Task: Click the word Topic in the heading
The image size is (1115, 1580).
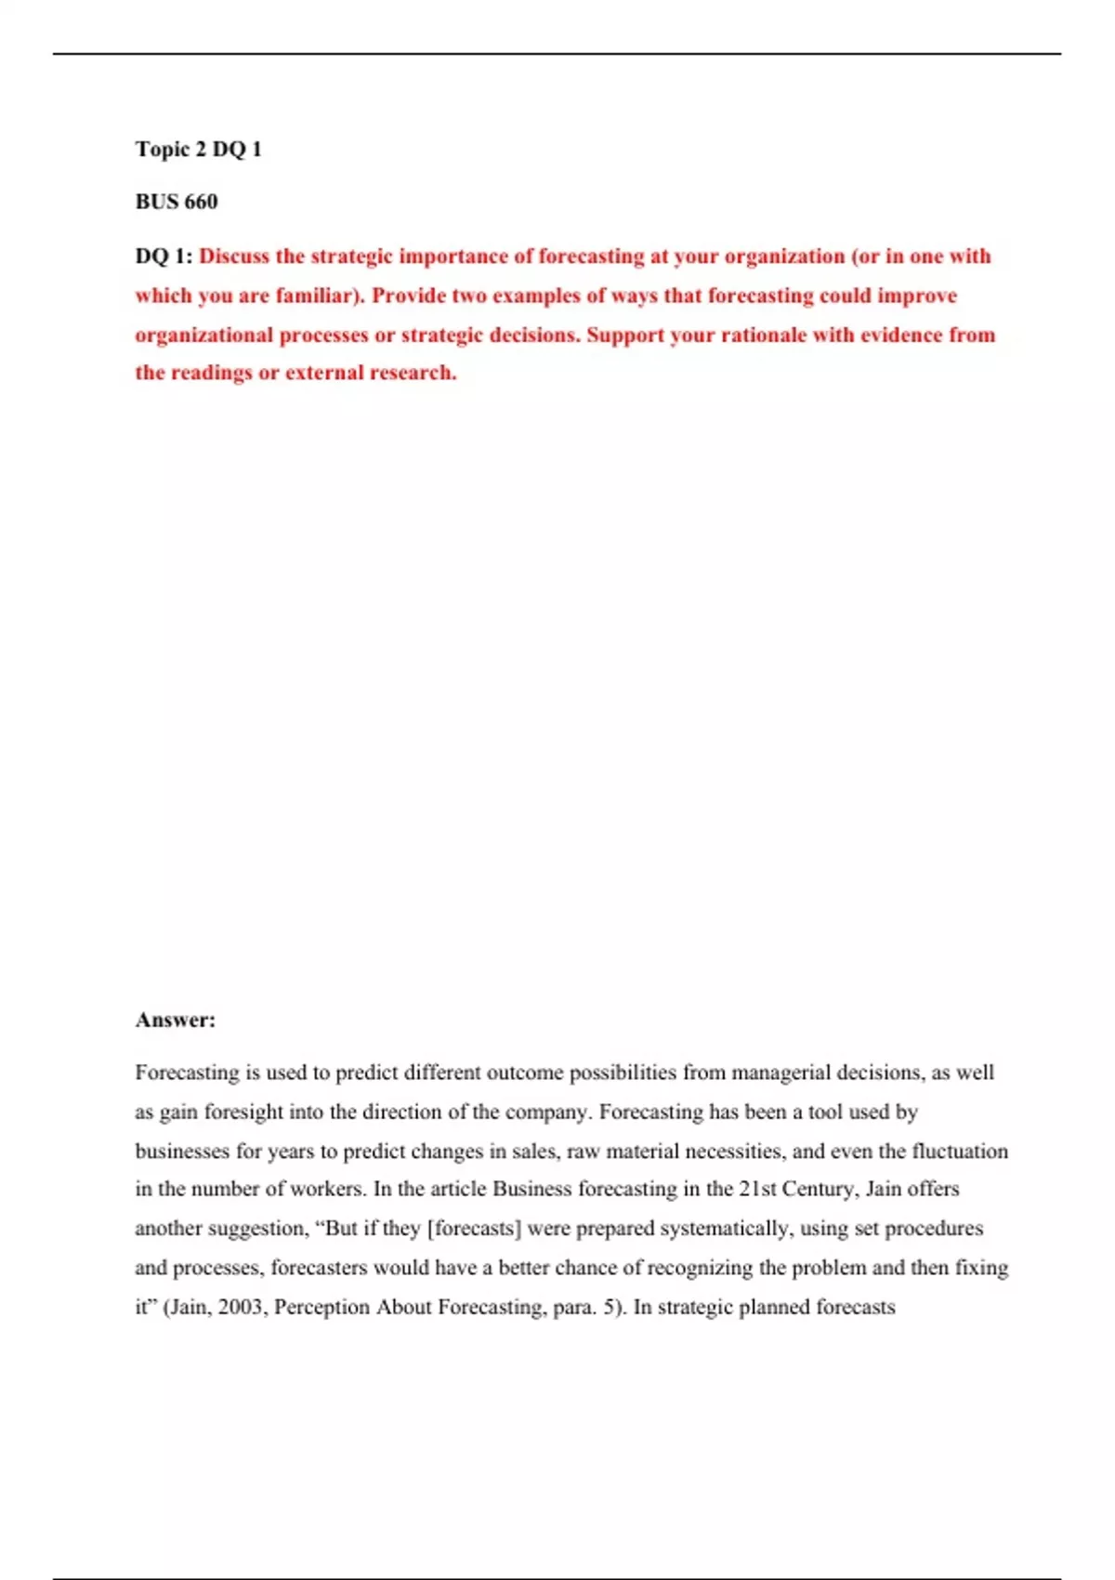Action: point(163,150)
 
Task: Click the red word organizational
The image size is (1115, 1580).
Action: point(204,335)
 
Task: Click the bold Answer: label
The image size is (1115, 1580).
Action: point(175,1020)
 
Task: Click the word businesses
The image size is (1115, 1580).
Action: point(182,1152)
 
